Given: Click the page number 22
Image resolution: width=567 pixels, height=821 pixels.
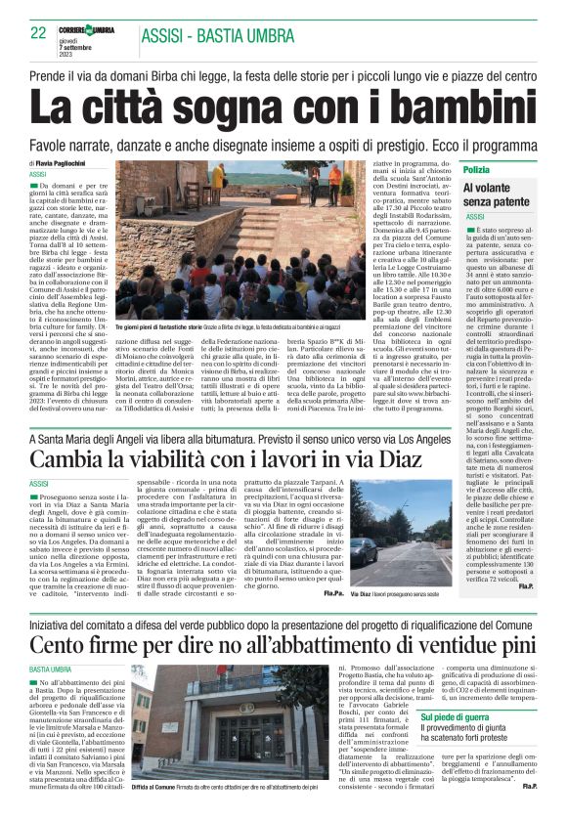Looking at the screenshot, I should (x=39, y=33).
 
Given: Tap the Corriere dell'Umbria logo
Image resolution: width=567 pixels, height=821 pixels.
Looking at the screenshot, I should (x=96, y=30).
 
